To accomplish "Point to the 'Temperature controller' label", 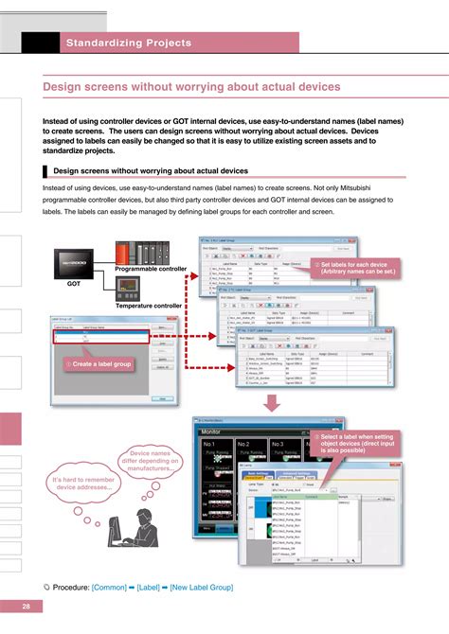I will [x=149, y=307].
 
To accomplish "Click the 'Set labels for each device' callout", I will [x=356, y=268].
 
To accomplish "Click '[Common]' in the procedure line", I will [x=112, y=587].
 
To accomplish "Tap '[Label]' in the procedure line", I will [x=147, y=587].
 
